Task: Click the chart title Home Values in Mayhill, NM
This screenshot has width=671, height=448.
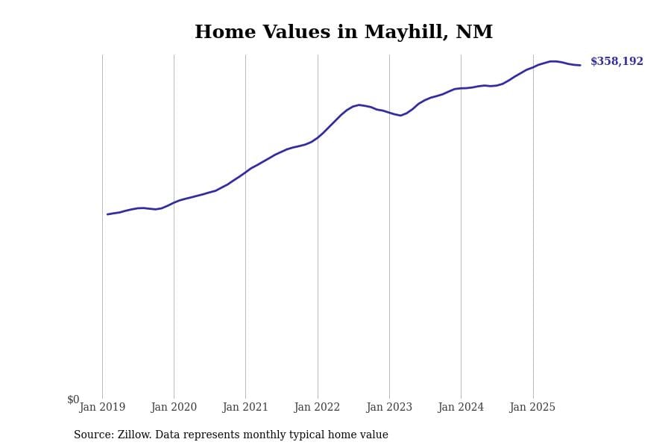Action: tap(344, 33)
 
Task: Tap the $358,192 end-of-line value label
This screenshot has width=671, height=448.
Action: tap(617, 62)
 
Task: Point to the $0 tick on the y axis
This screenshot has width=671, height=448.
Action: tap(73, 399)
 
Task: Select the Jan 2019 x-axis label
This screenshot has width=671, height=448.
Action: tap(102, 408)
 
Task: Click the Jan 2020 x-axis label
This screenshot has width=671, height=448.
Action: tap(174, 408)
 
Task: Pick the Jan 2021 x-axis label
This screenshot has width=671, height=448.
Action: tap(245, 408)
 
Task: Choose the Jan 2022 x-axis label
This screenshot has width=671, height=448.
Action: tap(317, 408)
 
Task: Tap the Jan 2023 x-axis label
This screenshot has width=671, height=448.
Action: tap(389, 408)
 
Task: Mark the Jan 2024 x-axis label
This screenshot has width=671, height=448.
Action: tap(461, 408)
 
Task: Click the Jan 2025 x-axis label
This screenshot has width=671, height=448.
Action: tap(532, 408)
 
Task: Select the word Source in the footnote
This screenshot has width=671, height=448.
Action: tap(93, 435)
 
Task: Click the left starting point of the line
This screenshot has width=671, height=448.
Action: tap(107, 214)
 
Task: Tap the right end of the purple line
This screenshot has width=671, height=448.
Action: tap(580, 65)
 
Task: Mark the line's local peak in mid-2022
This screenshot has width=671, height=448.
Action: tap(359, 105)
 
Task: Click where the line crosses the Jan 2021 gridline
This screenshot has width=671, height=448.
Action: tap(245, 172)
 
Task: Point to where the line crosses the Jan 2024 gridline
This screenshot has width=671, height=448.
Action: tap(461, 88)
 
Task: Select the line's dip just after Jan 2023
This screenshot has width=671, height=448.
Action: tap(400, 115)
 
